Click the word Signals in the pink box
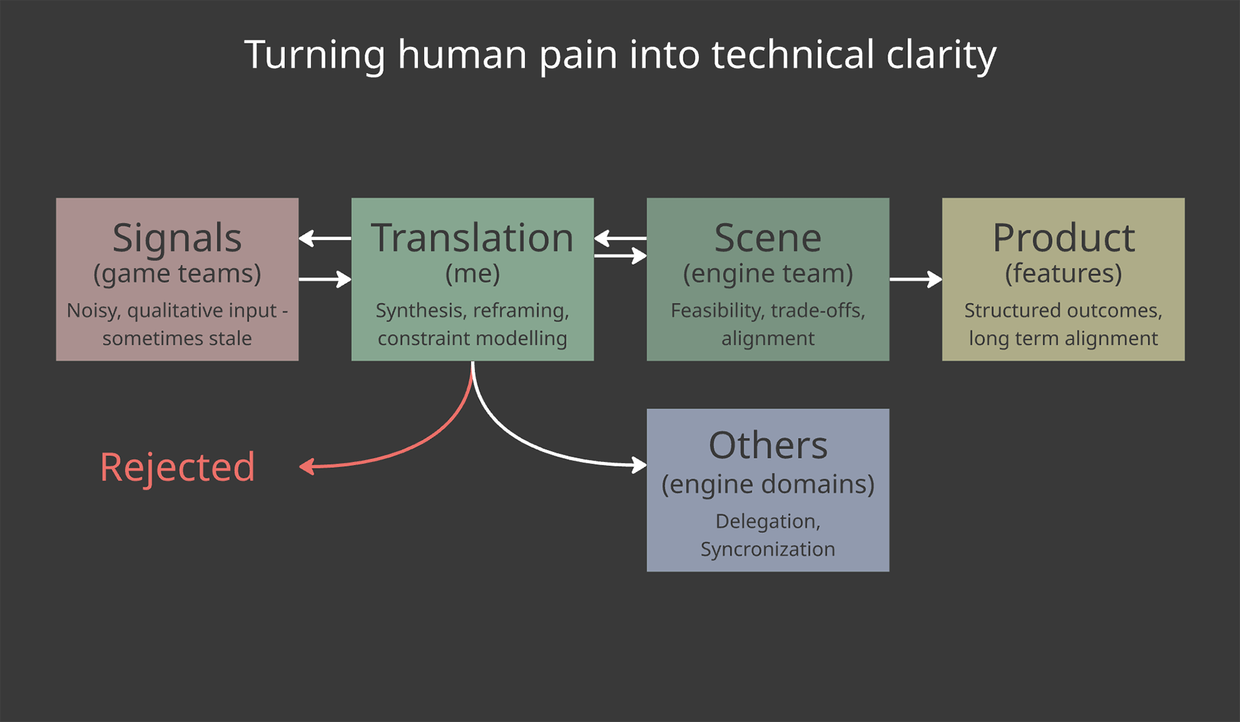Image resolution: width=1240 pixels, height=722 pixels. pyautogui.click(x=177, y=238)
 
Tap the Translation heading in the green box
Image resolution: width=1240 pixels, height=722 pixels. pyautogui.click(x=472, y=238)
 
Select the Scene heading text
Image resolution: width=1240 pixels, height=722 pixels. pyautogui.click(x=767, y=238)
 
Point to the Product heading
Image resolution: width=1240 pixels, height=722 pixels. pyautogui.click(x=1063, y=238)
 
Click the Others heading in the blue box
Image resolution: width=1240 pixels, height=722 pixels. pyautogui.click(x=767, y=445)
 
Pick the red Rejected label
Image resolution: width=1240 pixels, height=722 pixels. pyautogui.click(x=177, y=467)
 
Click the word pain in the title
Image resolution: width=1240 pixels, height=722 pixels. pyautogui.click(x=578, y=54)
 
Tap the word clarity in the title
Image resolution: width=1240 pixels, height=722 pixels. pyautogui.click(x=941, y=54)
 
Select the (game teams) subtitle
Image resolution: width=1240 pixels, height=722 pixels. pyautogui.click(x=177, y=273)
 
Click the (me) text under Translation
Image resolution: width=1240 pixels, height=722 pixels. pyautogui.click(x=472, y=273)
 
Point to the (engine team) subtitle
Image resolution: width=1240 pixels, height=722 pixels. pyautogui.click(x=767, y=273)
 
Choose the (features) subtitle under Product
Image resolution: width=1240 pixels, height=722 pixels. pyautogui.click(x=1063, y=273)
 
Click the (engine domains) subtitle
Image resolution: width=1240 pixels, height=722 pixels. pyautogui.click(x=767, y=484)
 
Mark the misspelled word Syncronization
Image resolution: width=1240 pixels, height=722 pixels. pyautogui.click(x=767, y=549)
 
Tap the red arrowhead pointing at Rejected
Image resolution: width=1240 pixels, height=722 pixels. pyautogui.click(x=306, y=467)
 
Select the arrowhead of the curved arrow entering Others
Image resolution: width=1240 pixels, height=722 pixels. pyautogui.click(x=639, y=464)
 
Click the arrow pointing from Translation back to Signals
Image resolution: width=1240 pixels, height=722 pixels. pyautogui.click(x=324, y=238)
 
